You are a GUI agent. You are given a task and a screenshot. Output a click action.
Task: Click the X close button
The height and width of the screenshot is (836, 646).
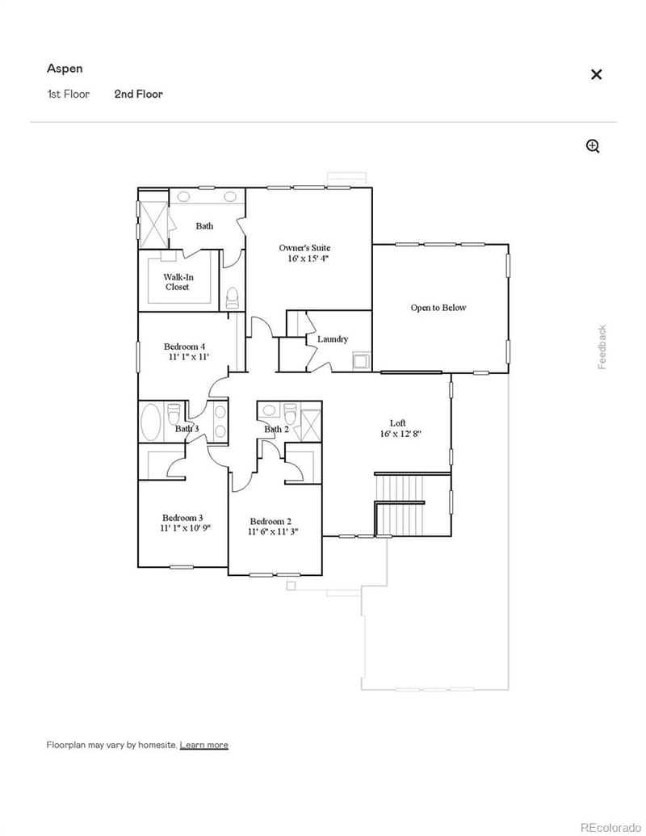[596, 74]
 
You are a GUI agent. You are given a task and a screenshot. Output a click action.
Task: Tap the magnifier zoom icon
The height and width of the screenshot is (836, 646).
[593, 146]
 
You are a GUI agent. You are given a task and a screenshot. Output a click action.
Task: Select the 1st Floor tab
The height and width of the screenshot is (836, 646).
[68, 94]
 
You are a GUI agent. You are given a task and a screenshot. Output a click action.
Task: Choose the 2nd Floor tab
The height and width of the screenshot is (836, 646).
[138, 94]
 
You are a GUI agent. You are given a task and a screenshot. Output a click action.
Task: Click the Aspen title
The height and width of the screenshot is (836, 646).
[65, 69]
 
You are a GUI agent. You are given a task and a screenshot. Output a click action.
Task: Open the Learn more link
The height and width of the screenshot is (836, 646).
[203, 745]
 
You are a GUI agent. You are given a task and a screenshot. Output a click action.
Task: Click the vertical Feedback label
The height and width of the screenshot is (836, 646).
[602, 347]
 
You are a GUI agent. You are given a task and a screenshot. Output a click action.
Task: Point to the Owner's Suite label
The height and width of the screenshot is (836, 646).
[304, 248]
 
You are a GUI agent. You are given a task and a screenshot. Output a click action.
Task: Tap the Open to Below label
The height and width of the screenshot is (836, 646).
[438, 308]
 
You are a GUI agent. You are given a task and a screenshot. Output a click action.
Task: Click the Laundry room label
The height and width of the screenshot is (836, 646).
[333, 339]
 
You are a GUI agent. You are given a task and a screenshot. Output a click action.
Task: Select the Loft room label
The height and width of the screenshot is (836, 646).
[398, 422]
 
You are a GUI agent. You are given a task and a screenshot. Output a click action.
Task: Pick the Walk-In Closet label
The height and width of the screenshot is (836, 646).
[178, 282]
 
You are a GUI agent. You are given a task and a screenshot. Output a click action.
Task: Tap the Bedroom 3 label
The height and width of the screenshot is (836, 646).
[182, 518]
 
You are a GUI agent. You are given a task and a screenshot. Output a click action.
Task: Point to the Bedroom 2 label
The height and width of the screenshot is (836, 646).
[271, 521]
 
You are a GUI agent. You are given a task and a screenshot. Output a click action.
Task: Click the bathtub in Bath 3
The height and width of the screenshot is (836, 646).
[151, 421]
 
